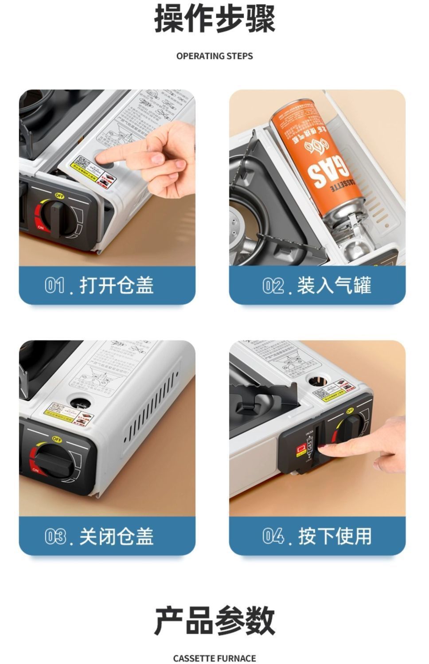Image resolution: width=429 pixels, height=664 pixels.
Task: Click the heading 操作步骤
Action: [214, 20]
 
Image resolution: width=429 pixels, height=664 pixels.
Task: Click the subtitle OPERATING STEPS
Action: [214, 56]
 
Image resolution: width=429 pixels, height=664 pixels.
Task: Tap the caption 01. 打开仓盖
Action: [100, 285]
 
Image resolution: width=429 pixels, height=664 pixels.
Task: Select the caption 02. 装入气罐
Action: [317, 285]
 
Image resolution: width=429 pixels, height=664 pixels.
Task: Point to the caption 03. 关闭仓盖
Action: [100, 536]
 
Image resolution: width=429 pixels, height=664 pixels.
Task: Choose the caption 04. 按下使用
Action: [317, 536]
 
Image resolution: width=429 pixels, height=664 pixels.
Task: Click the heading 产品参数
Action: [214, 621]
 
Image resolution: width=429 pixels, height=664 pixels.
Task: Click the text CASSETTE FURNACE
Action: [214, 658]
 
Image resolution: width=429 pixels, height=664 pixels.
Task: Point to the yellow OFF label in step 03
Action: [57, 439]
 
